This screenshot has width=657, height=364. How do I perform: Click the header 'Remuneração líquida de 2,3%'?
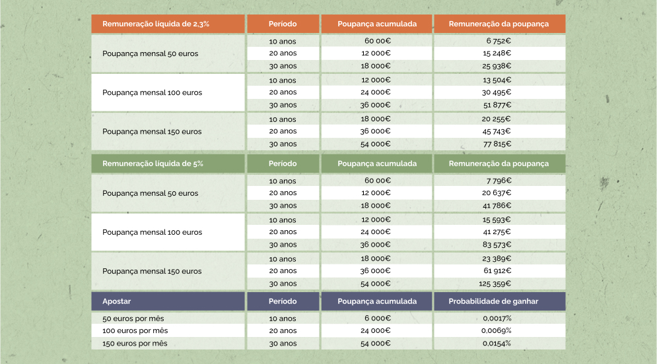(x=156, y=24)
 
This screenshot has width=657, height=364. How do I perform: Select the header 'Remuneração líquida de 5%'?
(x=153, y=164)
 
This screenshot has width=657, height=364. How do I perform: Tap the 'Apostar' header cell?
(x=117, y=301)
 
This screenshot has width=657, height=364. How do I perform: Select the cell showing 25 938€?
(x=497, y=66)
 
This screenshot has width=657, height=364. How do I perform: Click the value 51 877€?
(x=497, y=105)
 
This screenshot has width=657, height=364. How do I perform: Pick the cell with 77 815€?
(x=497, y=144)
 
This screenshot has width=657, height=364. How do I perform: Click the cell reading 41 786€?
(x=497, y=206)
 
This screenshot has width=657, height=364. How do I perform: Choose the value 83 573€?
(x=497, y=245)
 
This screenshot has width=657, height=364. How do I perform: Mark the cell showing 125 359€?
(x=496, y=284)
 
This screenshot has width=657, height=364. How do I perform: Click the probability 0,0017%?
(x=497, y=318)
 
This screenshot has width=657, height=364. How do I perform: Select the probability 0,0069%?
(x=497, y=331)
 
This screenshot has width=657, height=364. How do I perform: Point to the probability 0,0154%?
(x=497, y=344)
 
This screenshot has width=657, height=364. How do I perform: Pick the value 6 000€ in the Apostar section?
(x=377, y=318)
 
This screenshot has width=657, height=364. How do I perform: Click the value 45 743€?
(x=497, y=131)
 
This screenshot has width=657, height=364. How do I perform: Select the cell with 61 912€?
(x=497, y=271)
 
